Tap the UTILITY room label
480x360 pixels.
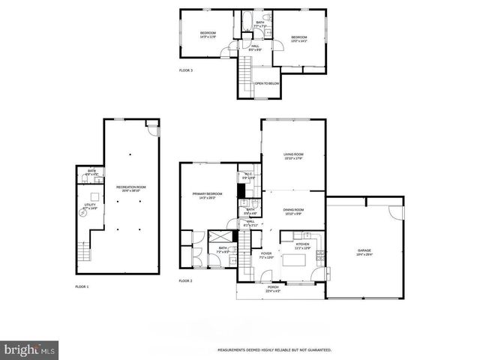[x=90, y=204]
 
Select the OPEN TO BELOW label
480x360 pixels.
[x=267, y=83]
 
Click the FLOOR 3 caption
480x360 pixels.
[x=186, y=70]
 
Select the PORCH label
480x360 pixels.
[x=273, y=289]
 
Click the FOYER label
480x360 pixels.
[x=266, y=255]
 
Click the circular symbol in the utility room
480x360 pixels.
[x=83, y=213]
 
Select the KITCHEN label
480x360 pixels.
[x=301, y=245]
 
